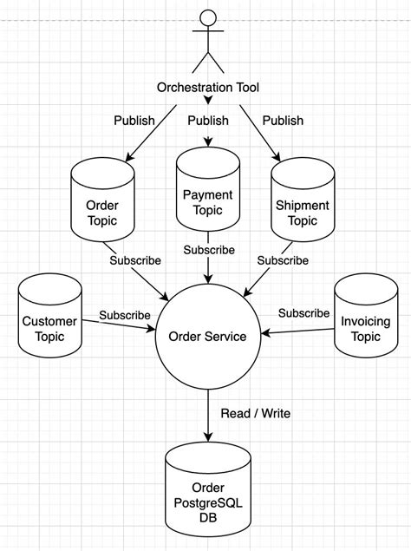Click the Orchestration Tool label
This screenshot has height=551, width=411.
click(x=207, y=88)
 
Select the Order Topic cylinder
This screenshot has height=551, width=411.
click(x=103, y=206)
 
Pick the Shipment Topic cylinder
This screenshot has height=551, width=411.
click(x=302, y=206)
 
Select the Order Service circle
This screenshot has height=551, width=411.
click(x=207, y=336)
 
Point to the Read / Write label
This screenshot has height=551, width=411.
click(x=255, y=414)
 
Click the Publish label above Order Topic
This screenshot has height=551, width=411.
click(x=134, y=121)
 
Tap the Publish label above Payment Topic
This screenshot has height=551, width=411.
click(x=208, y=121)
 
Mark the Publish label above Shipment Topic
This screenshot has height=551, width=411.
click(x=283, y=121)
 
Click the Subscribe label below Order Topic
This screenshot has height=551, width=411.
click(x=135, y=259)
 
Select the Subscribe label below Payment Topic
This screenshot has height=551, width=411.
click(x=208, y=250)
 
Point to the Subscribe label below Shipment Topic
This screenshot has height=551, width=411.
click(x=283, y=259)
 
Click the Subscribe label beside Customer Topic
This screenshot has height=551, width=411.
click(x=125, y=315)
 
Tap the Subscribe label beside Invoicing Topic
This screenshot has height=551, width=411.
click(x=303, y=312)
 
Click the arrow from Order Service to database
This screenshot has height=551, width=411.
click(x=207, y=417)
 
